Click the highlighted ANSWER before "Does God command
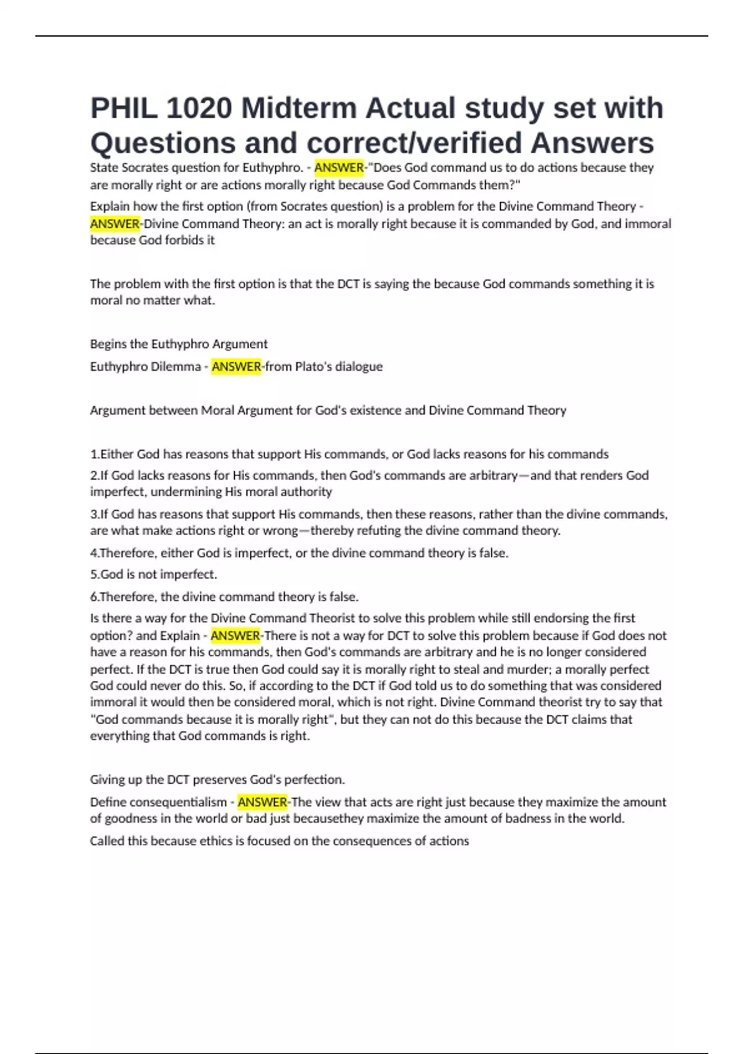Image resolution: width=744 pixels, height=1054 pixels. (339, 167)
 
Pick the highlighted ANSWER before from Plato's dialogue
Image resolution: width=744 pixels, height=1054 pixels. (236, 366)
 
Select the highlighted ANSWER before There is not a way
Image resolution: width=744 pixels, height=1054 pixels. (235, 635)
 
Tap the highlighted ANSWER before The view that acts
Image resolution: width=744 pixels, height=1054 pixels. (262, 802)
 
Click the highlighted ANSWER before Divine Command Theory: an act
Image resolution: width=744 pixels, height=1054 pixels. (115, 224)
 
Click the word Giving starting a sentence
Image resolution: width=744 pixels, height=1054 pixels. (107, 779)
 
